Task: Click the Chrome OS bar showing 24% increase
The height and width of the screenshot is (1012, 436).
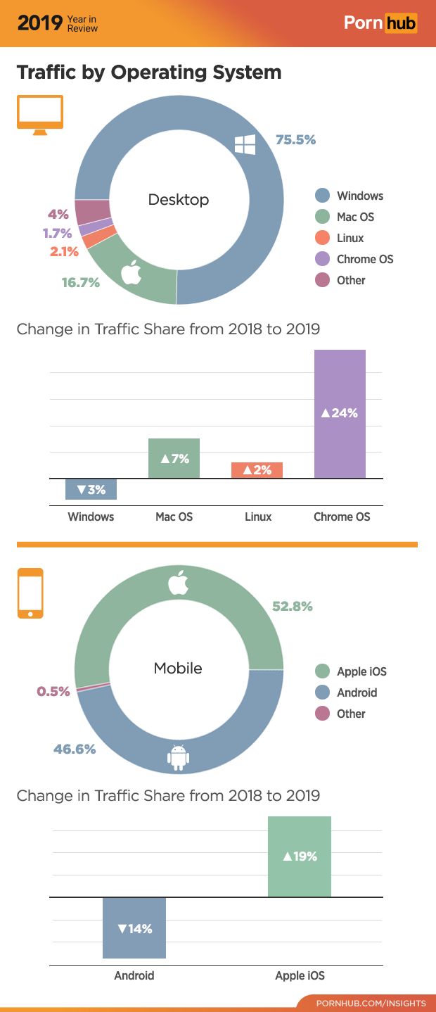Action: tap(340, 414)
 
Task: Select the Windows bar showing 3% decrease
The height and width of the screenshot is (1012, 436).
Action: tap(91, 489)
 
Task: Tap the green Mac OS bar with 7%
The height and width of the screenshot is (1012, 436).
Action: tap(174, 458)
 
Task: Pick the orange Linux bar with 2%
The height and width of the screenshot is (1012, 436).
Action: tap(257, 470)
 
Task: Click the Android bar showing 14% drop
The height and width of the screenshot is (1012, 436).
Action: tap(134, 928)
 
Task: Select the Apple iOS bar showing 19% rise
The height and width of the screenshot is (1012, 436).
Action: tap(300, 856)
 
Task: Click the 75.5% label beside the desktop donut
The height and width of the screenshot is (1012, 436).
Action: tap(295, 139)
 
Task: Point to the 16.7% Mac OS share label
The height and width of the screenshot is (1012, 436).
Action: tap(81, 283)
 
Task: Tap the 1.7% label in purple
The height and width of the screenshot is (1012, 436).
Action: tap(57, 233)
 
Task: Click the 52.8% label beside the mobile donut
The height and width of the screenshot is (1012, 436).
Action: tap(293, 606)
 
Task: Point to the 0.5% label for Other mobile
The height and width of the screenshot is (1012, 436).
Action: tap(53, 691)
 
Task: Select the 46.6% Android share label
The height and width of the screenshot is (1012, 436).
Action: tap(75, 749)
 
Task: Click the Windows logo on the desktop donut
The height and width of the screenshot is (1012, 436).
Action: tap(245, 145)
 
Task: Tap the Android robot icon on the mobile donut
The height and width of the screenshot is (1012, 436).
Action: tap(179, 757)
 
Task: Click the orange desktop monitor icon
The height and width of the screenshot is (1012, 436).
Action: tap(40, 115)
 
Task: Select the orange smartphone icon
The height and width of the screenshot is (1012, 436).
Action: tap(30, 593)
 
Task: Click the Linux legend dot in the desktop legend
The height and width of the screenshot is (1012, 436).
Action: tap(323, 238)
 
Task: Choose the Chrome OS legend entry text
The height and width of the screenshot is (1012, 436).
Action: tap(365, 259)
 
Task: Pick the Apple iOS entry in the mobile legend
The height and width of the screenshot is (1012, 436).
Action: tap(361, 671)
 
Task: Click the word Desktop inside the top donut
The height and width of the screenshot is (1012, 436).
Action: tap(179, 200)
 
